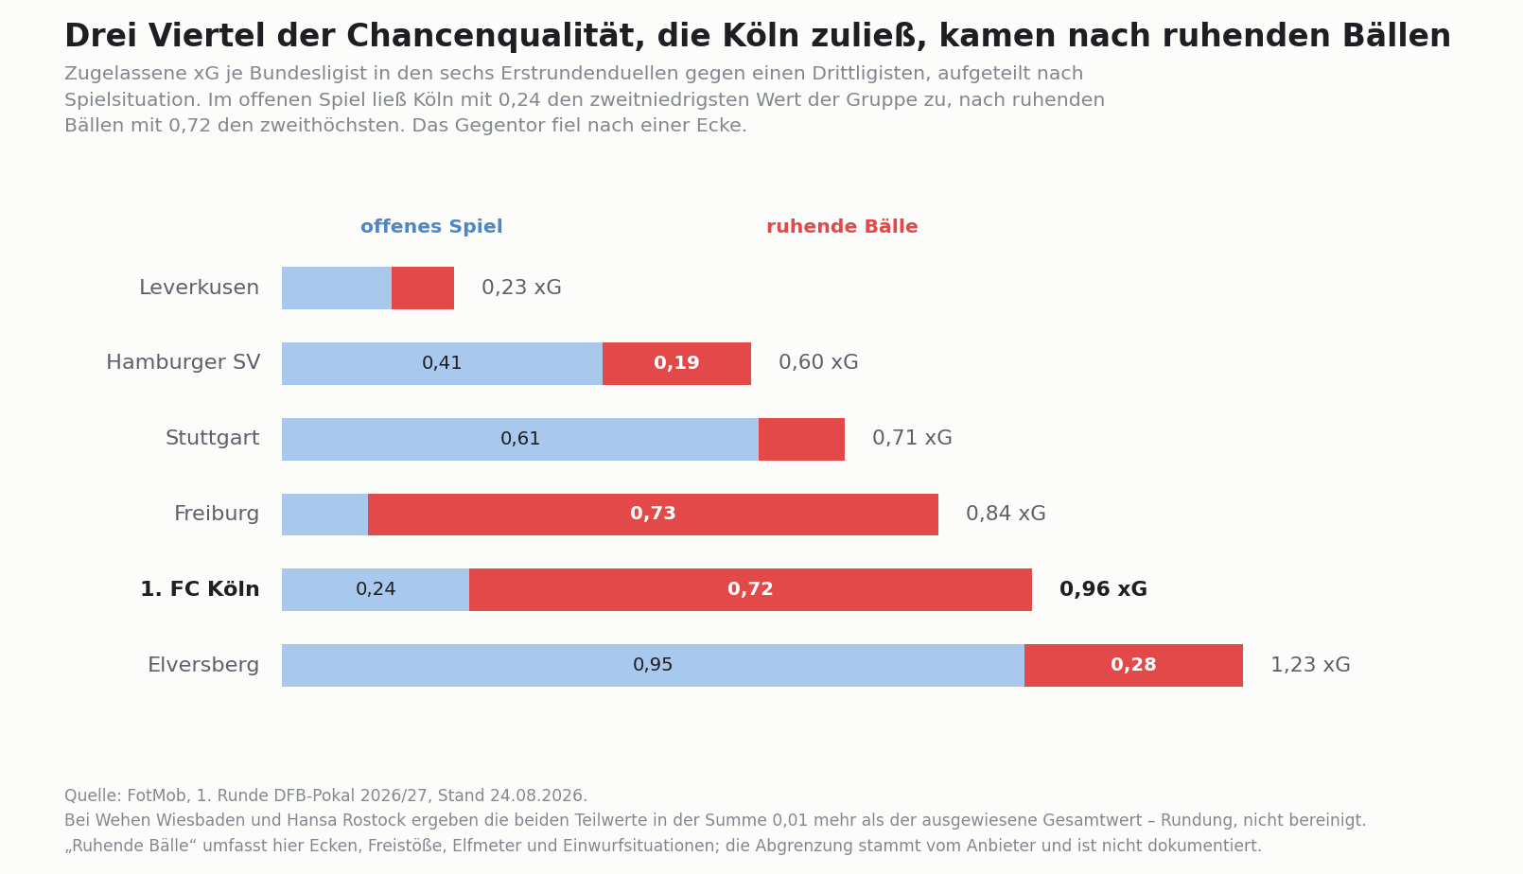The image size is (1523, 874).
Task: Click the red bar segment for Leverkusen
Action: click(x=422, y=288)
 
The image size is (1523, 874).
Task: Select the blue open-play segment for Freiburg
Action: click(x=325, y=515)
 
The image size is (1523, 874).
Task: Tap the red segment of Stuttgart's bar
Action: click(x=801, y=439)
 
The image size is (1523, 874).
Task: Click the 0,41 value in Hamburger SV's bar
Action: click(x=442, y=363)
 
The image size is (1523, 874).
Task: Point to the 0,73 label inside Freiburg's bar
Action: click(x=653, y=514)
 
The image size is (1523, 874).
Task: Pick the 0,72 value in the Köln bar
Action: click(x=751, y=589)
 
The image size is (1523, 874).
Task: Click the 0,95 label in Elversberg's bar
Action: click(x=653, y=665)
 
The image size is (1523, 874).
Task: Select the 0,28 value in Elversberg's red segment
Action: click(x=1133, y=665)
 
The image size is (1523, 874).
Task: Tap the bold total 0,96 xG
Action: click(x=1104, y=589)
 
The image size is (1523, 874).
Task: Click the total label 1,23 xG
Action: click(x=1310, y=665)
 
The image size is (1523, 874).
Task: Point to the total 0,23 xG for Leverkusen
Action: click(x=521, y=288)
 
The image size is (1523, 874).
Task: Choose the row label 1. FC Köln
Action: click(x=200, y=589)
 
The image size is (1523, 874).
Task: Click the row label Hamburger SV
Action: click(x=183, y=362)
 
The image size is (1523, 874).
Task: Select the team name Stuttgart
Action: click(x=212, y=438)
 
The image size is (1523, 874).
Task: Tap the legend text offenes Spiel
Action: click(x=431, y=227)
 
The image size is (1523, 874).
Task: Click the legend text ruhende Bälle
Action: click(x=842, y=227)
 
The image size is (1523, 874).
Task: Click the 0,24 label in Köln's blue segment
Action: click(x=376, y=589)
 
